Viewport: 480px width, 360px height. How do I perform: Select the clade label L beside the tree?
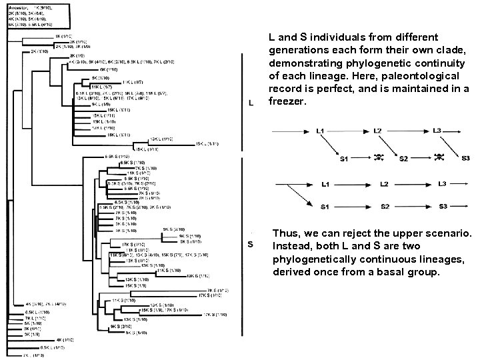tap(250, 103)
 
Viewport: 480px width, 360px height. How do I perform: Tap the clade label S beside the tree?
tap(250, 244)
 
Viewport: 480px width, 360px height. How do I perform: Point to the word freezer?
tap(286, 102)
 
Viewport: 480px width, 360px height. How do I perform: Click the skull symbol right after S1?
tap(379, 158)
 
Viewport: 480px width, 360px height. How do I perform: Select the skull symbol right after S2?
tap(438, 157)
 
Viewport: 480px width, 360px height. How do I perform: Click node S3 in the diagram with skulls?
tap(465, 158)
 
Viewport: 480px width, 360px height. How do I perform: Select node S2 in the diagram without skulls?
tap(385, 206)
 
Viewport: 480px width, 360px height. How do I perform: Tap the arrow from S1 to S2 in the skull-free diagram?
tap(353, 206)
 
